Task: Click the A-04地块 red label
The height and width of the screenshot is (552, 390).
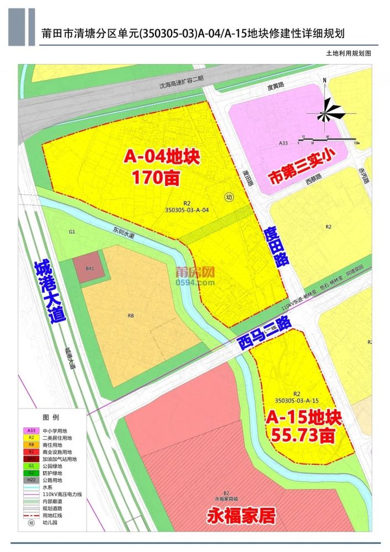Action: pyautogui.click(x=161, y=157)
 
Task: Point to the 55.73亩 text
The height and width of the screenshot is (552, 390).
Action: pyautogui.click(x=303, y=436)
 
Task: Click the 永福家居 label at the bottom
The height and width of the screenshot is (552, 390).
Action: pyautogui.click(x=241, y=517)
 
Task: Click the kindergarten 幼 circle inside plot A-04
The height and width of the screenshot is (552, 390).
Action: pyautogui.click(x=229, y=197)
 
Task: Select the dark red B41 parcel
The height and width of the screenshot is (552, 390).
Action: pyautogui.click(x=89, y=267)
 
